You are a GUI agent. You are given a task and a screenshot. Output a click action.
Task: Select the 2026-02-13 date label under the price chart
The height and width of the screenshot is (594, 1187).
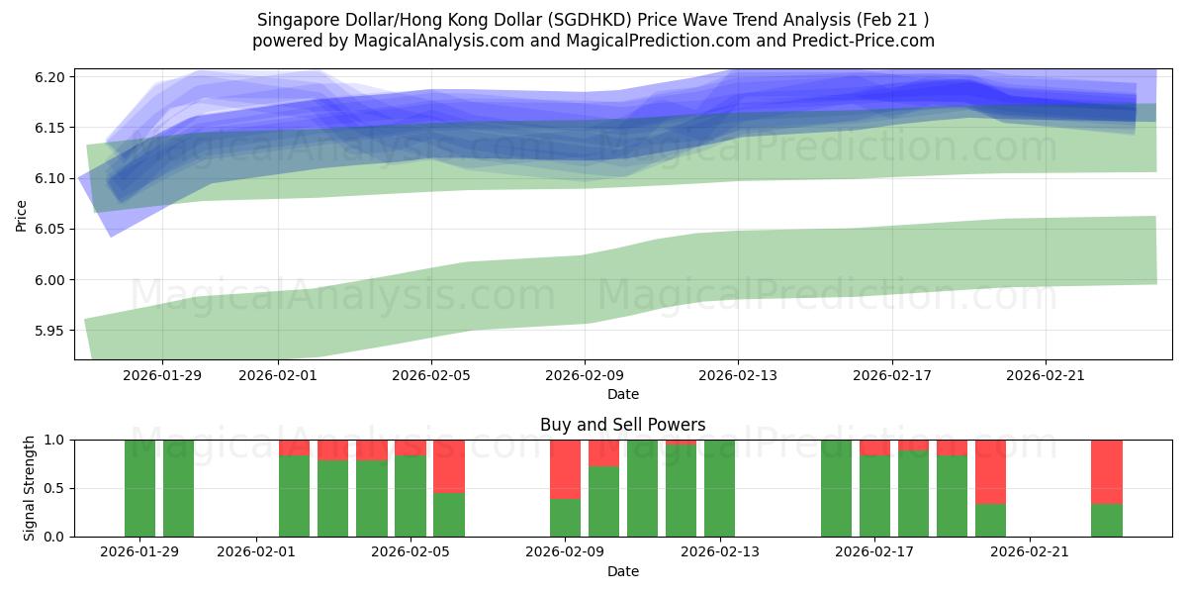(738, 375)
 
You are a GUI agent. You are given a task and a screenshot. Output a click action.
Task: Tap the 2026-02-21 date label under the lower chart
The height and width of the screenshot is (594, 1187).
(1030, 551)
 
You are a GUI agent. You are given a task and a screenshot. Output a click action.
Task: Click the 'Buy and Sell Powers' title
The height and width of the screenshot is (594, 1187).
(622, 425)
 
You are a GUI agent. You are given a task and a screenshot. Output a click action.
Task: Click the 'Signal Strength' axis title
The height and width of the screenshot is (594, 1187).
(30, 488)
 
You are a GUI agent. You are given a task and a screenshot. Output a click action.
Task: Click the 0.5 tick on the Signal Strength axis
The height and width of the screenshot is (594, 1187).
(55, 488)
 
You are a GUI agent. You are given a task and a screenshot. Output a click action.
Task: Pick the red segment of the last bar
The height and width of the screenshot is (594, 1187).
(1107, 471)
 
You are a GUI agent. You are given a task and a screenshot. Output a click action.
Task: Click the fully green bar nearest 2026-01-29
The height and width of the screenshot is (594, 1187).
(139, 488)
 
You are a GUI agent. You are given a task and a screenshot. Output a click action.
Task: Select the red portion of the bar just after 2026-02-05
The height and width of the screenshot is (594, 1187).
(449, 465)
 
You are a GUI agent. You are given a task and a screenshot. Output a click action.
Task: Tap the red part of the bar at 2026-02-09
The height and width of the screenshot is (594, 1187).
(565, 468)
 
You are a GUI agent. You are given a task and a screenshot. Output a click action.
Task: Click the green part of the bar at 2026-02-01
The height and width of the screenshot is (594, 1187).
(294, 495)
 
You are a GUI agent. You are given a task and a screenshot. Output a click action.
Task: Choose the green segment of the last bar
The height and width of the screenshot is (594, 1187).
(1107, 520)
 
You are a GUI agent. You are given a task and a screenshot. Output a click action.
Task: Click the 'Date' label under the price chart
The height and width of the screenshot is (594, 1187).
(622, 394)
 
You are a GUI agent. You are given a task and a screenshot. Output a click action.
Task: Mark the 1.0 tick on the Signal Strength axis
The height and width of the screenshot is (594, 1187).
(55, 440)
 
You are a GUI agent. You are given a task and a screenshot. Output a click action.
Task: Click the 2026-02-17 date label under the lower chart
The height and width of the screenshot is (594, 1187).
(875, 551)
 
